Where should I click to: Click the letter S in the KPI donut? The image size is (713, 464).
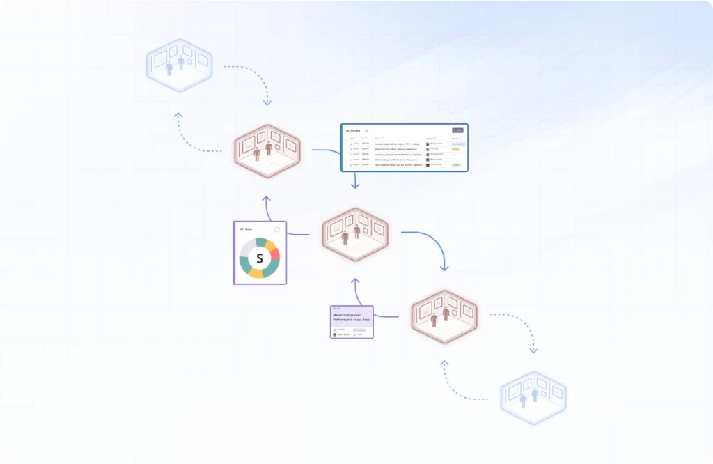tap(260, 258)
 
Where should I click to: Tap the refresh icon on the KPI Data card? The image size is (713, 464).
tap(277, 229)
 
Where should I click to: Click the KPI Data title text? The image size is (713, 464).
tap(245, 229)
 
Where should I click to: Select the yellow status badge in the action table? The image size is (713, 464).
tap(456, 149)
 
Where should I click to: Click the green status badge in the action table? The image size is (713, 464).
tap(456, 165)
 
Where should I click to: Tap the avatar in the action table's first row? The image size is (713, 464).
tap(428, 144)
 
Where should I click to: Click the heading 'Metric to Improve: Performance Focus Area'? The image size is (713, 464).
tap(352, 318)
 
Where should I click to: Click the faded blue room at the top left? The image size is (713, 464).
tap(179, 65)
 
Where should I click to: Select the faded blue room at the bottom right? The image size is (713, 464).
tap(533, 398)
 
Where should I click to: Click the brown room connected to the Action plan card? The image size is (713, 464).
tap(267, 150)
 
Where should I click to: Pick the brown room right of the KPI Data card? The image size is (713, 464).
tap(355, 234)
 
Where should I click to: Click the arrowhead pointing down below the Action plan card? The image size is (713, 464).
tap(355, 185)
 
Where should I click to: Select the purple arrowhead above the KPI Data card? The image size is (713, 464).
tap(266, 199)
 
